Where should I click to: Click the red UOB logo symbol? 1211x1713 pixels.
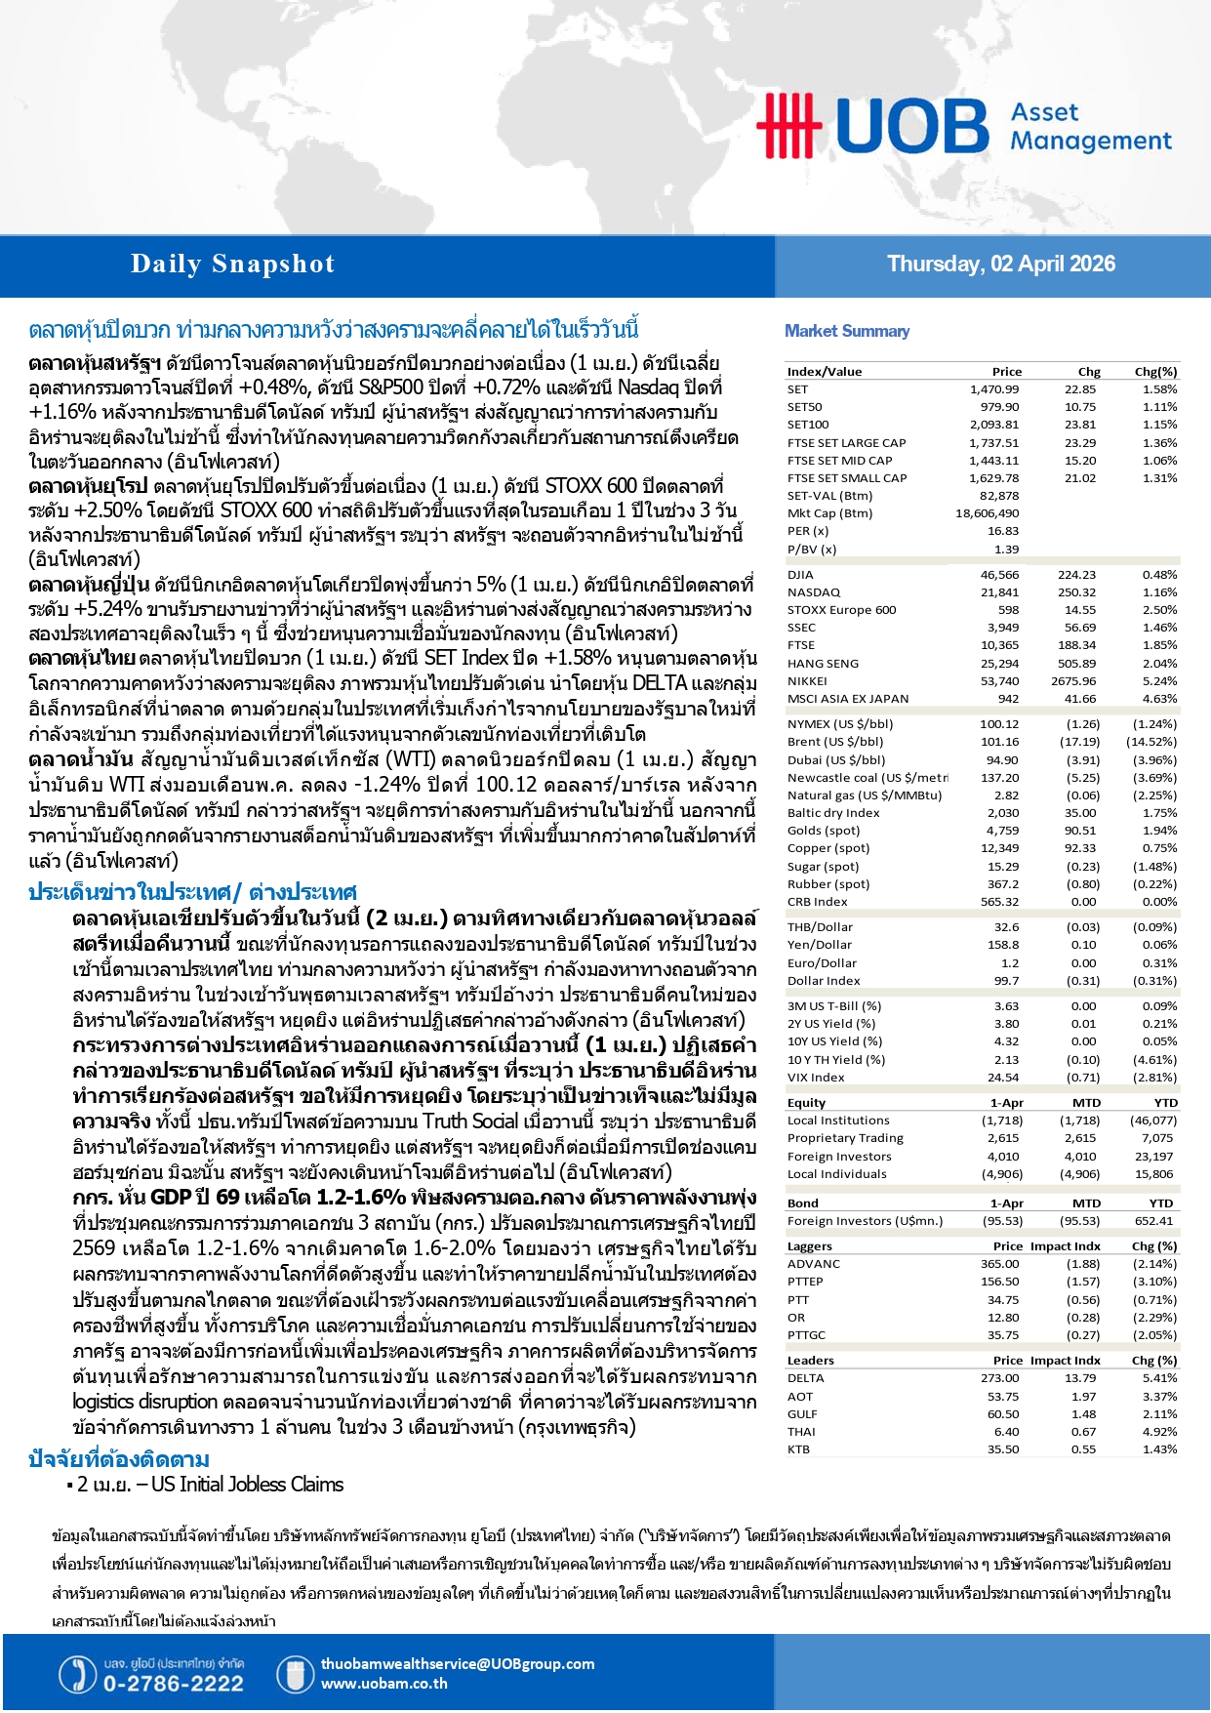pos(787,125)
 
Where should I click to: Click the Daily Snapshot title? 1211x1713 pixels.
pos(232,265)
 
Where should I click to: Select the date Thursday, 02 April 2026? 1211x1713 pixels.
pos(1000,265)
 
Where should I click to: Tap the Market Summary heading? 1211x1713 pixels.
pos(847,331)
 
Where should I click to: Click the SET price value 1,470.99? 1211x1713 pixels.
pos(993,389)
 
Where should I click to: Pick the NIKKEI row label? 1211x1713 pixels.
pos(807,681)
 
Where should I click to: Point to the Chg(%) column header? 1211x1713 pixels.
pos(1155,372)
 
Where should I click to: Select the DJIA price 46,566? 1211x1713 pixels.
pos(999,575)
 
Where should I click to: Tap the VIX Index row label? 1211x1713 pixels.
pos(816,1078)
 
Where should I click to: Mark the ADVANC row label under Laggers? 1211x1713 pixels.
pos(813,1264)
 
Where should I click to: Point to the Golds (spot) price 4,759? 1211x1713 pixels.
pos(1002,831)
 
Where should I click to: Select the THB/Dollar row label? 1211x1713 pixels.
pos(820,927)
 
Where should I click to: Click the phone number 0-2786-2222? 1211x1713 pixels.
pos(173,1684)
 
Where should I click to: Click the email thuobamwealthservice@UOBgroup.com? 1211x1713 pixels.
pos(457,1664)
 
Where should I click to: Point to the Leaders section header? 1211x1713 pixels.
pos(810,1361)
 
